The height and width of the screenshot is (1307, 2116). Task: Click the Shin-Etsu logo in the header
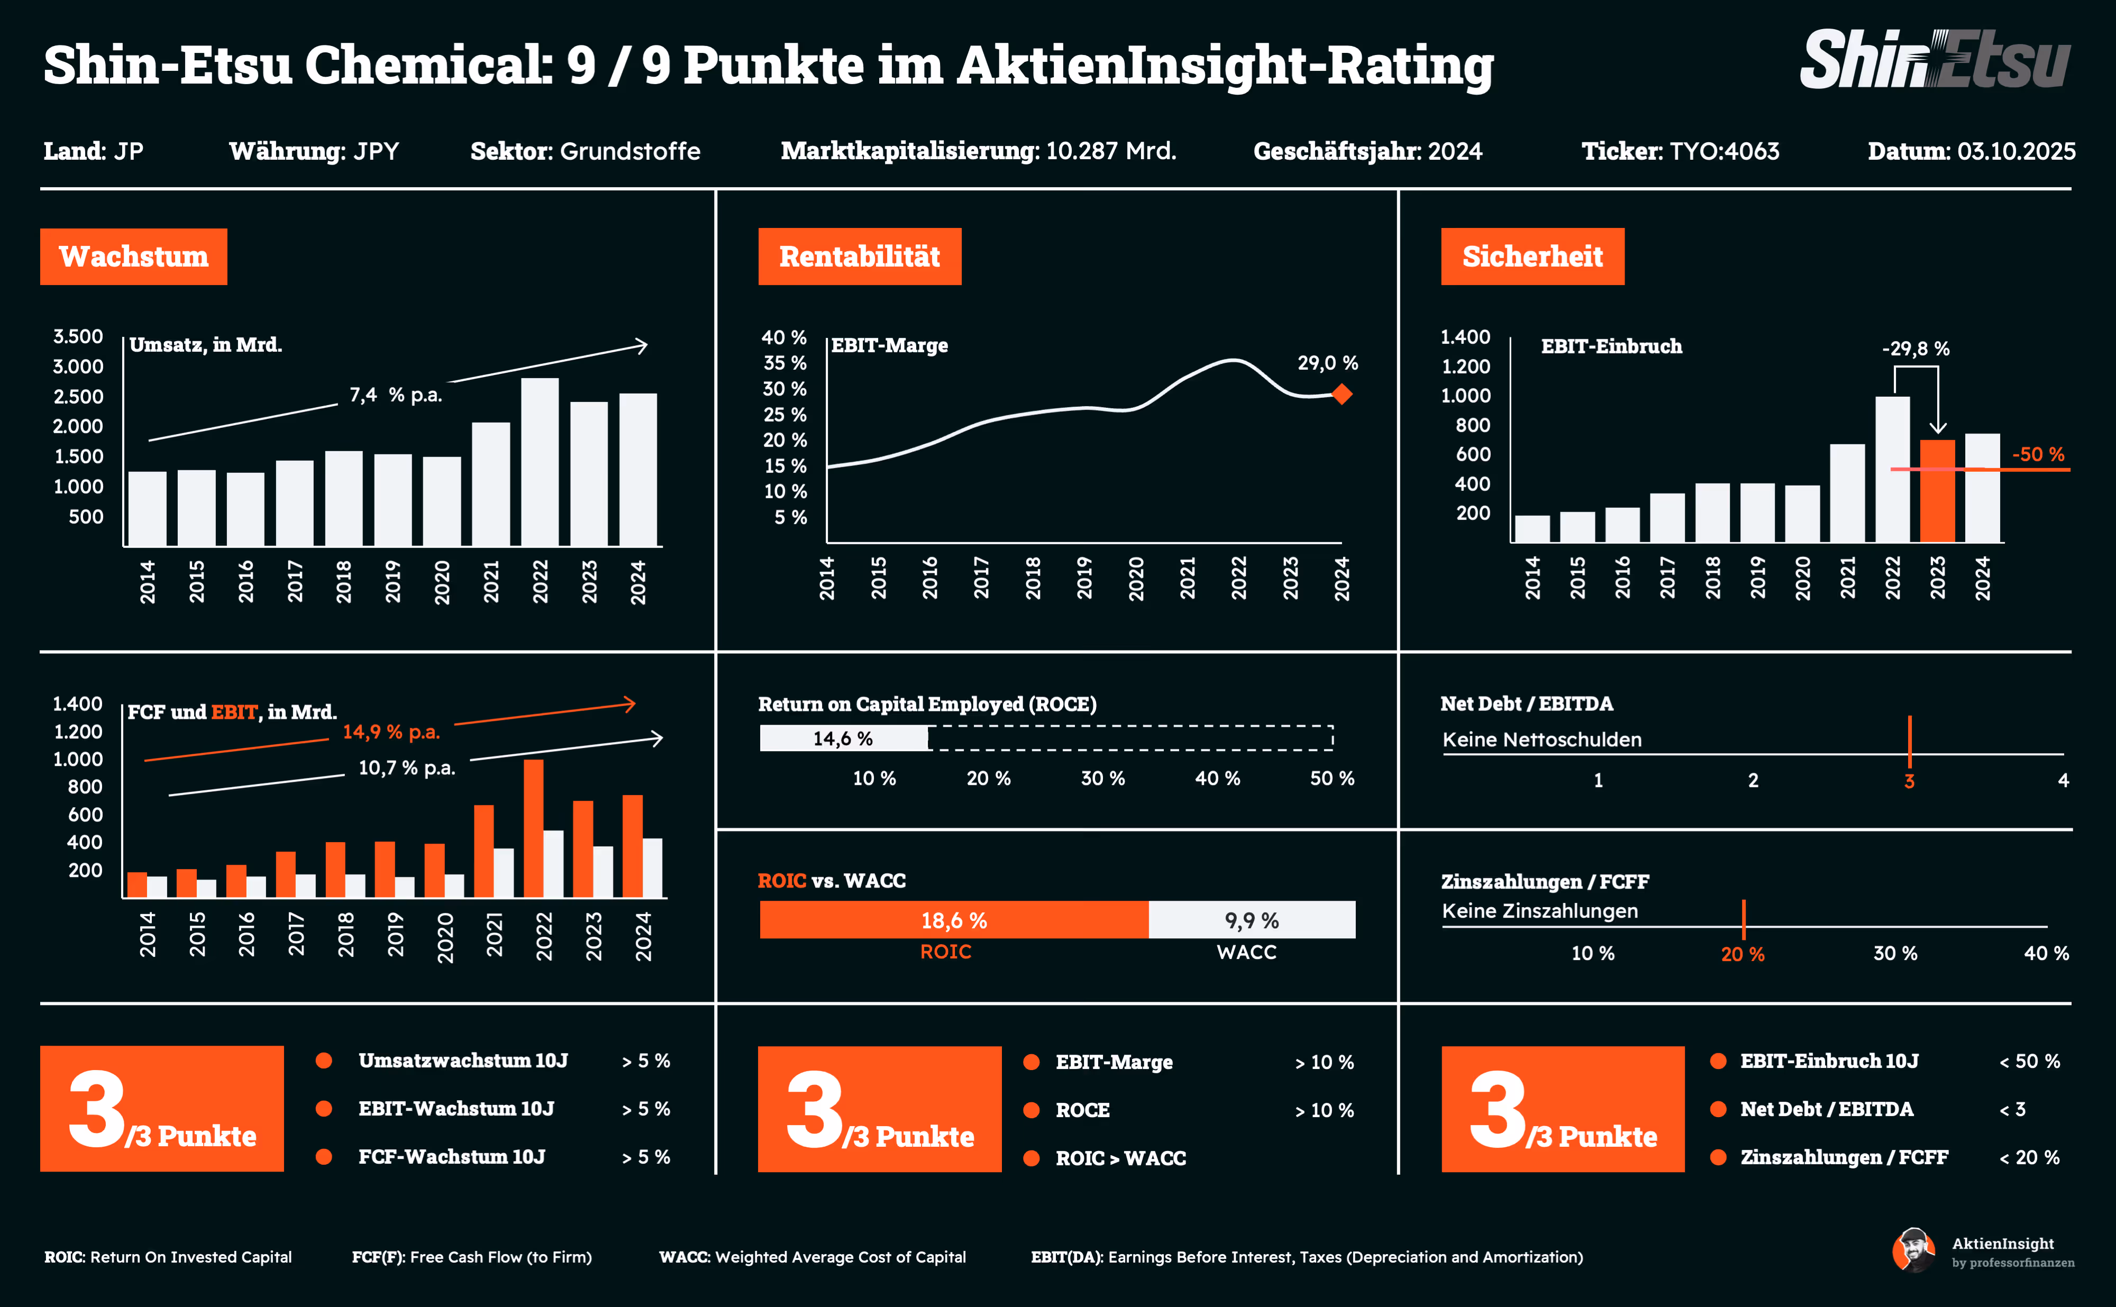[1935, 60]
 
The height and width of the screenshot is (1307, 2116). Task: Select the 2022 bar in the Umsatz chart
[540, 462]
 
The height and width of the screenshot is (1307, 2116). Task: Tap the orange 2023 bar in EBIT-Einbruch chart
[1937, 490]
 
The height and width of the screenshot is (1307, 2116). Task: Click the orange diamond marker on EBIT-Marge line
[1342, 395]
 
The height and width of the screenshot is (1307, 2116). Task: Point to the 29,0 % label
[1327, 363]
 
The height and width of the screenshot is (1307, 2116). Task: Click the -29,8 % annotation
[1916, 349]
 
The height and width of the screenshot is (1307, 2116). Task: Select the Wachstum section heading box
[133, 257]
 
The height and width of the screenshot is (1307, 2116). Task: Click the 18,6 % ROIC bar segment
[953, 920]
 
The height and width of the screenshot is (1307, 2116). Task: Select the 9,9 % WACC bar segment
[1251, 920]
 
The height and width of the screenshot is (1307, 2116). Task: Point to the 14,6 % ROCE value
[843, 738]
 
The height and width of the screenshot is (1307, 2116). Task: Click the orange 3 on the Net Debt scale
[1909, 781]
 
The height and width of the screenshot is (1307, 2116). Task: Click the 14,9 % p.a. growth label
[391, 732]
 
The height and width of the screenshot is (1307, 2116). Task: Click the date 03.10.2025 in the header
[2015, 151]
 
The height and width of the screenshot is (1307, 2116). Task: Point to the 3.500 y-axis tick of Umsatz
[78, 336]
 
